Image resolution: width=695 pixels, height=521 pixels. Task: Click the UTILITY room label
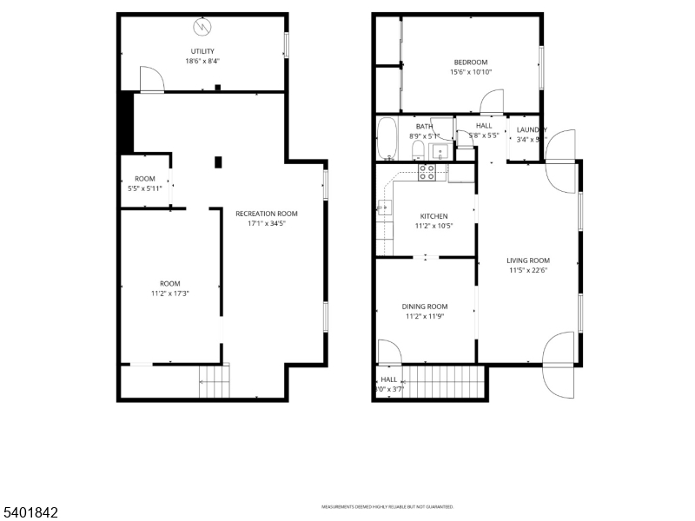tap(202, 51)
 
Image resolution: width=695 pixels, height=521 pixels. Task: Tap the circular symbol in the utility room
tap(202, 26)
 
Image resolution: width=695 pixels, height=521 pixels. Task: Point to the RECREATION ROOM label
tap(267, 214)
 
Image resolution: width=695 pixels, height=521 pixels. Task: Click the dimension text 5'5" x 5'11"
tap(145, 188)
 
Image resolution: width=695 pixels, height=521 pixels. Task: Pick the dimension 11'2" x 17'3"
tap(169, 293)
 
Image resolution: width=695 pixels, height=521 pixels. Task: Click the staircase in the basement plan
tap(215, 381)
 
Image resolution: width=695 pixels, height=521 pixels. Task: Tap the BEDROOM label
tap(471, 62)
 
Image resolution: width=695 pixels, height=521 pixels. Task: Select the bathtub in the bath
tap(387, 139)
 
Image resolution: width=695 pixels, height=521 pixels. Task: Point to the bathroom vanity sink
tap(440, 153)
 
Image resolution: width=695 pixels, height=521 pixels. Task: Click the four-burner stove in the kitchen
tap(427, 172)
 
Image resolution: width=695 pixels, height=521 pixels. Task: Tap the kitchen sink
tap(384, 208)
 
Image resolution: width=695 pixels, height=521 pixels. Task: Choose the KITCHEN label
tap(434, 216)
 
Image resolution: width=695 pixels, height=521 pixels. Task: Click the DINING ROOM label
tap(425, 307)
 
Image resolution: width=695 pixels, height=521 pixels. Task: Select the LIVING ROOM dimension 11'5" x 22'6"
tap(528, 270)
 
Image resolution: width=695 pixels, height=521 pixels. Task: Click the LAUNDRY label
tap(531, 129)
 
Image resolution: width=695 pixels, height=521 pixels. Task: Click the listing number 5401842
tap(30, 512)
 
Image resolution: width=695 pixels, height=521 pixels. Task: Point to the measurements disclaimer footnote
tap(387, 507)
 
